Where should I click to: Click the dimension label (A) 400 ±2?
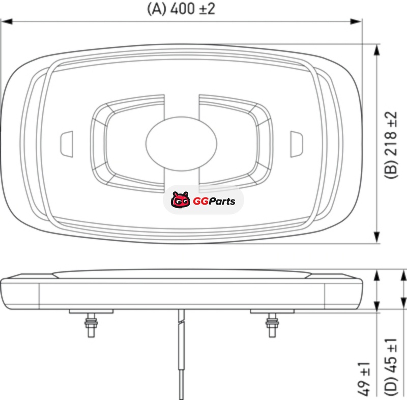[181, 9]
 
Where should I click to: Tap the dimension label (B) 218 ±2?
[391, 145]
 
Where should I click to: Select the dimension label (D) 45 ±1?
[391, 367]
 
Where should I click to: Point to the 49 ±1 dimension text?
[364, 379]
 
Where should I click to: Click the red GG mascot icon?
[181, 199]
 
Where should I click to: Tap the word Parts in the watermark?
[222, 201]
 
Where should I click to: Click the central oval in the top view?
[181, 144]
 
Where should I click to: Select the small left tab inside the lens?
[67, 144]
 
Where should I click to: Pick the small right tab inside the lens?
[296, 144]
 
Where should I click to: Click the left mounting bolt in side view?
[91, 325]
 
